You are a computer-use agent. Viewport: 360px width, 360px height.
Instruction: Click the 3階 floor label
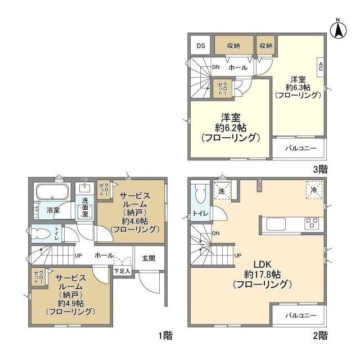(321, 168)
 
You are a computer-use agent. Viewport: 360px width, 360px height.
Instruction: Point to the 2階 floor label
(319, 336)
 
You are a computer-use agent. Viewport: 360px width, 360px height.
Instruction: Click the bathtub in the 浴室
(51, 192)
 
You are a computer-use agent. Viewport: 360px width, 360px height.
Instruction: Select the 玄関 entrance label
(148, 258)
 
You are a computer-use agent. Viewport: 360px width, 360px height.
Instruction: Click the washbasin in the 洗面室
(85, 190)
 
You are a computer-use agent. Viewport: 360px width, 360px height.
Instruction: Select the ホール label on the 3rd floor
(237, 67)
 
